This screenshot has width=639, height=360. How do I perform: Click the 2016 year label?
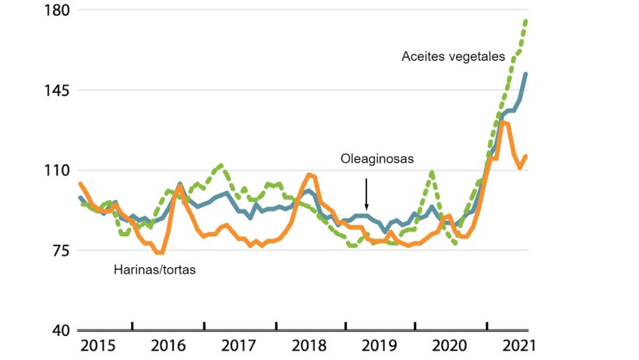click(168, 345)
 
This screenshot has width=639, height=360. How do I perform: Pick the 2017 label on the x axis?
click(239, 345)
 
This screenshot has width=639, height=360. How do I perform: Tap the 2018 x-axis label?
click(311, 345)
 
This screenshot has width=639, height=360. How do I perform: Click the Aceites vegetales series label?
click(454, 56)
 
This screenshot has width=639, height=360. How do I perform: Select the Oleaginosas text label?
click(376, 159)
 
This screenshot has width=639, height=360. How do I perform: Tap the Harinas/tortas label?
click(154, 270)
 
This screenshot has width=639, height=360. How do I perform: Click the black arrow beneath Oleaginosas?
click(366, 192)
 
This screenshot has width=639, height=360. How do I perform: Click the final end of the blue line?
click(526, 73)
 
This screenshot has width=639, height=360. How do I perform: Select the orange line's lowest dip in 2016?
click(159, 252)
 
